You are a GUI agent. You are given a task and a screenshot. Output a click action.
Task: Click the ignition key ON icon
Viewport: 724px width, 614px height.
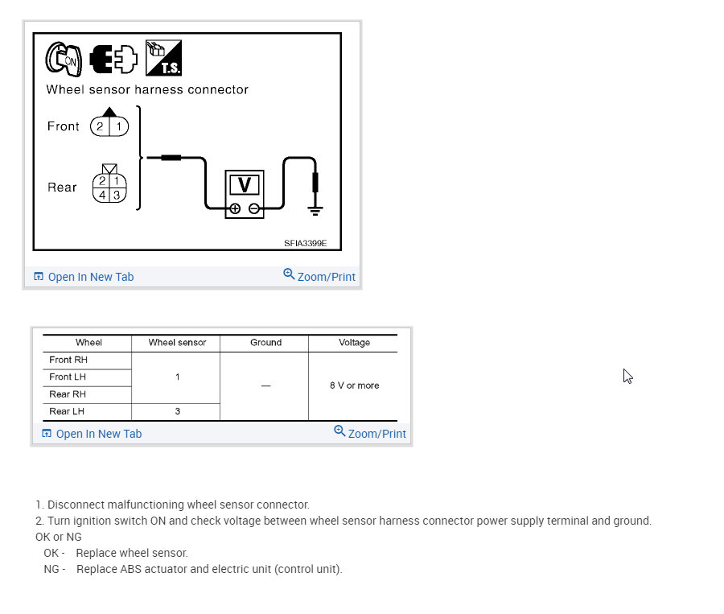tap(63, 58)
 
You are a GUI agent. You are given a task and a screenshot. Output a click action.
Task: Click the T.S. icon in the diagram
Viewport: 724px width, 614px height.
tap(163, 58)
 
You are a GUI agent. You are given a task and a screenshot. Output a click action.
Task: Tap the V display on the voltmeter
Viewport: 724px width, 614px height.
tap(245, 185)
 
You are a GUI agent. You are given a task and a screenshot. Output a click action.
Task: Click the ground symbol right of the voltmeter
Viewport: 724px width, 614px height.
tap(315, 210)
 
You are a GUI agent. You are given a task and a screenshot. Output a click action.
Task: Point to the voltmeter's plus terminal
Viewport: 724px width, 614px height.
tap(234, 208)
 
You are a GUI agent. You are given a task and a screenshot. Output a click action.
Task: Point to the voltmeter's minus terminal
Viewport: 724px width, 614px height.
tap(254, 208)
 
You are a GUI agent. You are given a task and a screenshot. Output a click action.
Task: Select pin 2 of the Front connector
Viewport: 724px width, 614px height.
tap(101, 126)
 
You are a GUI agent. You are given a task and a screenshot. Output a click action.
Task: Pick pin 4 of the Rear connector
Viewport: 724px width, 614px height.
tap(104, 194)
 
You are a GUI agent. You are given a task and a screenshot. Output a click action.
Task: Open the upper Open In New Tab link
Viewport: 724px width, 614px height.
tap(90, 277)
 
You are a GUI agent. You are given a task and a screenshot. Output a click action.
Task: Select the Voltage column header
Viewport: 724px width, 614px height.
tap(354, 343)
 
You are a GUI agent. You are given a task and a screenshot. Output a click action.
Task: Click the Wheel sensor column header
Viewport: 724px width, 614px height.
tap(177, 343)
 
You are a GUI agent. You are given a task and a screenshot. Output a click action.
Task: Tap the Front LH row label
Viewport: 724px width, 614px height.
tap(68, 377)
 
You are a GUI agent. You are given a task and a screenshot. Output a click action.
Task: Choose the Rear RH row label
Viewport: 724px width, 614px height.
tap(68, 394)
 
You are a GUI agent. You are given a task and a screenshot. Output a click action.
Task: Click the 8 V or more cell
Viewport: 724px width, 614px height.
tap(354, 385)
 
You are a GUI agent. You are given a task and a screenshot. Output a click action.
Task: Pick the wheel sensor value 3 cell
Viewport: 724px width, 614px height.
tap(177, 411)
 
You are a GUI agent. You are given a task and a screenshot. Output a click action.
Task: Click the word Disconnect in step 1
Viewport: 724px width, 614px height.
tap(75, 505)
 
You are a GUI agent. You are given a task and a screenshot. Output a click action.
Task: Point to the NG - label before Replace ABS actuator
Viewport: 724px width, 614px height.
tap(54, 569)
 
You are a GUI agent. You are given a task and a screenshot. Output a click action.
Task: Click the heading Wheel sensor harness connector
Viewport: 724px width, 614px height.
tap(147, 89)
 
